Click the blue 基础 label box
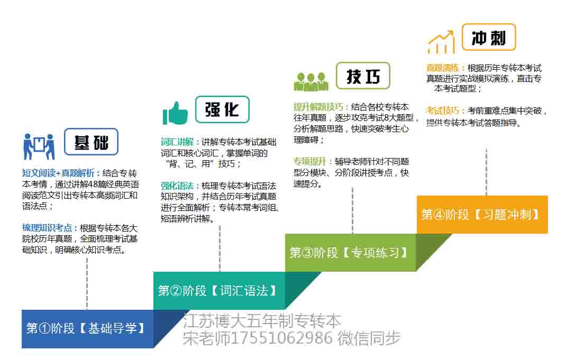[x=91, y=142]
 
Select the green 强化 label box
[x=222, y=109]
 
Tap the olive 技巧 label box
[x=363, y=76]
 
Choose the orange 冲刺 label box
[x=489, y=37]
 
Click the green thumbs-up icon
[x=175, y=113]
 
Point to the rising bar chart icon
[x=441, y=42]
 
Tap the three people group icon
[x=311, y=82]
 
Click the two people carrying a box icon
[x=39, y=146]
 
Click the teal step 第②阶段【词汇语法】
[x=219, y=291]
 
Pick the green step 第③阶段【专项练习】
[x=350, y=253]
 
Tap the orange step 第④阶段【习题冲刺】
[x=482, y=215]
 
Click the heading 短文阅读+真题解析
[x=59, y=173]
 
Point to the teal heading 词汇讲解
[x=177, y=142]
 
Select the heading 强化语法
[x=177, y=186]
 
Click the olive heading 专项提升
[x=310, y=162]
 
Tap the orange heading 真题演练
[x=443, y=68]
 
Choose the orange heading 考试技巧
[x=443, y=111]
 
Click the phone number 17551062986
[x=282, y=338]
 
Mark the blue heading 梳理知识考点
[x=47, y=228]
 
